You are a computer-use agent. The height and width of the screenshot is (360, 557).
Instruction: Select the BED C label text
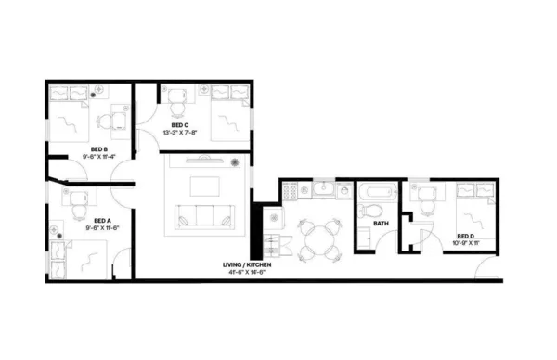pos(180,125)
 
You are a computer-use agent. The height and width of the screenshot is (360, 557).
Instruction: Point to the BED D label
pos(466,236)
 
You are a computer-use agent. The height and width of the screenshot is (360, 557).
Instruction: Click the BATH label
pos(381,224)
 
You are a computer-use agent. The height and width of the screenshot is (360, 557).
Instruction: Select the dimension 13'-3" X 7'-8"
pos(180,134)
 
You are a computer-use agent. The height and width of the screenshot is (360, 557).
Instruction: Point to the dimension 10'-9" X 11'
pos(466,244)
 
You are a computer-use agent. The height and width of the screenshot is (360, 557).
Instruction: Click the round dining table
pos(317,237)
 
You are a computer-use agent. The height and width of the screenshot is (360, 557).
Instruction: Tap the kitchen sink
pos(323,190)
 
